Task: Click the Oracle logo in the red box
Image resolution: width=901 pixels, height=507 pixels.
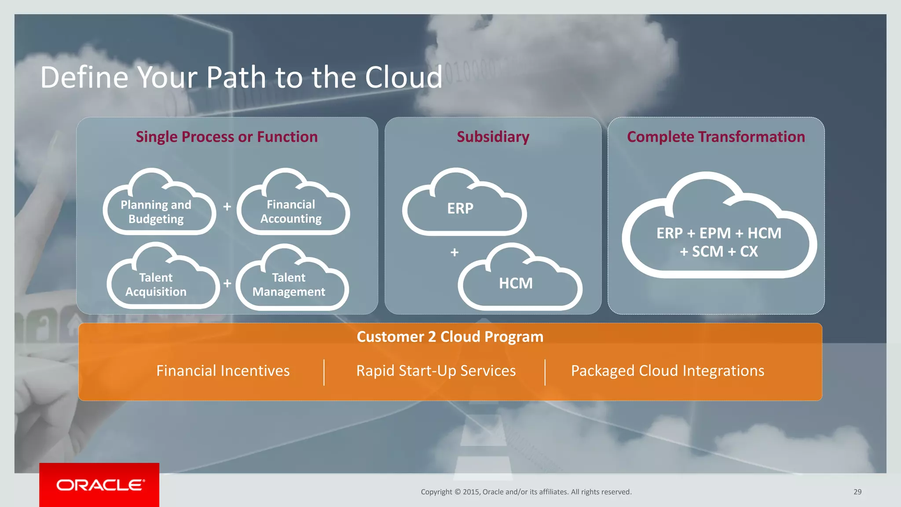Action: point(100,485)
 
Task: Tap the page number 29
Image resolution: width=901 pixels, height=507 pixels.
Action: point(857,492)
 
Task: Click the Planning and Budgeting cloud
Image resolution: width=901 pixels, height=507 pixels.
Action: point(156,212)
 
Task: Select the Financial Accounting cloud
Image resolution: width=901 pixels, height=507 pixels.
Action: point(291,212)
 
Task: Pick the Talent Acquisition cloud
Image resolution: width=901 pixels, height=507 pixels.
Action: point(156,285)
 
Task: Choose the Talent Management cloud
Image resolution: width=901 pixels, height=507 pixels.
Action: point(289,285)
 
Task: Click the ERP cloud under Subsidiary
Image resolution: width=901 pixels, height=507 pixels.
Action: point(461,208)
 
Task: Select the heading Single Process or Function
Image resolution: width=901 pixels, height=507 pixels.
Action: point(227,137)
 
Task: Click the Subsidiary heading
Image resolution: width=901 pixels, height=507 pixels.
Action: point(493,137)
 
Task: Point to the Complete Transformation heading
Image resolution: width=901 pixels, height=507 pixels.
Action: point(716,137)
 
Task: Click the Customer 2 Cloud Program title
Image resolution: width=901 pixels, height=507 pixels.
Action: point(450,337)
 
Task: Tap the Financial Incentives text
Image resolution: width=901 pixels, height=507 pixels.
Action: point(223,371)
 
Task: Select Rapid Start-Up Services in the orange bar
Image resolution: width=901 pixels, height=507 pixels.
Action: point(436,371)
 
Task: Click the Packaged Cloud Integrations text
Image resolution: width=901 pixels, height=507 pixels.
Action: point(667,371)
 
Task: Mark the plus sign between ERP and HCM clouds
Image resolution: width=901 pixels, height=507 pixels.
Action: point(454,253)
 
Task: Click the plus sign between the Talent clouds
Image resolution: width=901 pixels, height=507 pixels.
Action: point(227,283)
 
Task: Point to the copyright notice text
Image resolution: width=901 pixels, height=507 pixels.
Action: point(526,492)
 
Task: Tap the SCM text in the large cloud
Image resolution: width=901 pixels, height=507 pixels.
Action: point(707,252)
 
